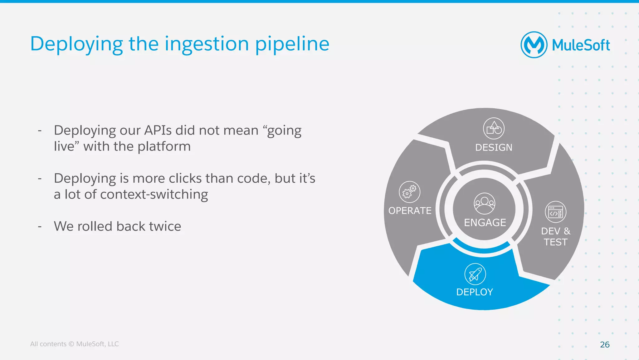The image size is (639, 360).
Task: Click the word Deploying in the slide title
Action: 76,44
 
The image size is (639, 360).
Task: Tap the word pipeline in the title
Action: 292,44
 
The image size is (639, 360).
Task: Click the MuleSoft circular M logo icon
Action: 534,45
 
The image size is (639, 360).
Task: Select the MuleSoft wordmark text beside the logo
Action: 581,45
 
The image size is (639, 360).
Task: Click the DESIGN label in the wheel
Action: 494,147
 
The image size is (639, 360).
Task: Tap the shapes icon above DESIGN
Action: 494,128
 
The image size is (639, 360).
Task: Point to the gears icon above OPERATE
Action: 409,192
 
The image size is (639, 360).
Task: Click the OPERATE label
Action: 410,211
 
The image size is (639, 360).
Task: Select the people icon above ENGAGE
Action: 484,203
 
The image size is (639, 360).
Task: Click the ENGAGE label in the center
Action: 485,223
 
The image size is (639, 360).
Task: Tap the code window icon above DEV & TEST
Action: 555,212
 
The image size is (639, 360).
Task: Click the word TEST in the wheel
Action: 555,242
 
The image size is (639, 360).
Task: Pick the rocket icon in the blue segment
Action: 475,274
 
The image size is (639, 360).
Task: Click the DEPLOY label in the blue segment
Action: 475,292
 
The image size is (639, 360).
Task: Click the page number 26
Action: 604,344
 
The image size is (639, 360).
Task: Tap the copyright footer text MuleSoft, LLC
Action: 97,344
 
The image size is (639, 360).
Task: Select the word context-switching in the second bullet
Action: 154,194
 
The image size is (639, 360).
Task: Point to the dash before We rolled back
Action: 40,226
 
